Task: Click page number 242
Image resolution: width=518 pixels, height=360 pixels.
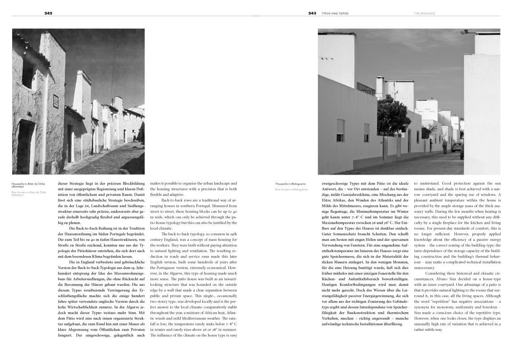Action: (48, 13)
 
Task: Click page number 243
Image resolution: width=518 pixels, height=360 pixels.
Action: (312, 13)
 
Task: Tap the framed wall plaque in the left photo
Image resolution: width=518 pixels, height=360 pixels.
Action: (56, 101)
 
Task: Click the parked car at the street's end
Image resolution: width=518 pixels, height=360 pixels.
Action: (457, 147)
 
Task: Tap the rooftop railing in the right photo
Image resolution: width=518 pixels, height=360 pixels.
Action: (366, 89)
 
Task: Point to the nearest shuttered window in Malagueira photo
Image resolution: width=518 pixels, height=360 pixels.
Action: (340, 130)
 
